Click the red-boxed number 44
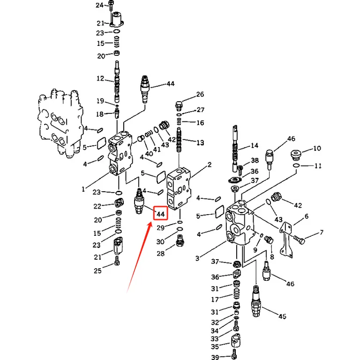point(160,214)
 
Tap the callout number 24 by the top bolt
point(100,5)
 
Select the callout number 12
point(100,79)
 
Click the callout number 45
point(282,316)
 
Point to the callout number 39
point(215,357)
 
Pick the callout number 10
point(317,148)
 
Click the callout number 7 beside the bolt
point(322,232)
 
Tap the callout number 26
point(200,94)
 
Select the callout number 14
point(255,146)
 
